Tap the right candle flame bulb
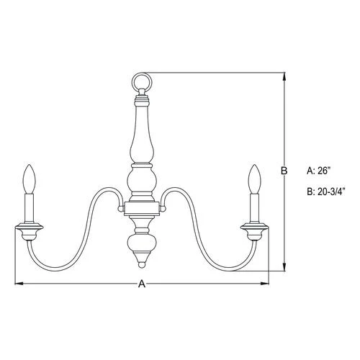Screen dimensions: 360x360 (253, 177)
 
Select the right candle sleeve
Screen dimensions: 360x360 (253, 207)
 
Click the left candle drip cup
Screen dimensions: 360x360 (30, 230)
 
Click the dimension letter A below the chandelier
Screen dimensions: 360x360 (142, 284)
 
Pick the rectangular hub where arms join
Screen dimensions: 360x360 (141, 209)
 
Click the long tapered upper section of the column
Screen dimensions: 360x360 (141, 133)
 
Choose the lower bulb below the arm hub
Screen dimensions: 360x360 (141, 241)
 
